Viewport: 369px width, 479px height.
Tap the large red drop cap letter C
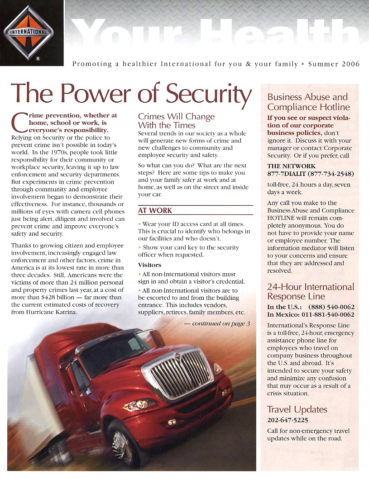point(18,123)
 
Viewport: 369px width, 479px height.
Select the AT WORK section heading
point(155,211)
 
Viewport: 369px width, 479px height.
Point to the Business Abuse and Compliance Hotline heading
point(308,102)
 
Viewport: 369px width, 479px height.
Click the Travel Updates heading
point(297,409)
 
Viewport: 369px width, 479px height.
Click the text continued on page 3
point(217,324)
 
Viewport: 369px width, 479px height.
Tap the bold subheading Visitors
point(149,265)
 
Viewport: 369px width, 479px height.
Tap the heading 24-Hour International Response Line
point(311,292)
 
